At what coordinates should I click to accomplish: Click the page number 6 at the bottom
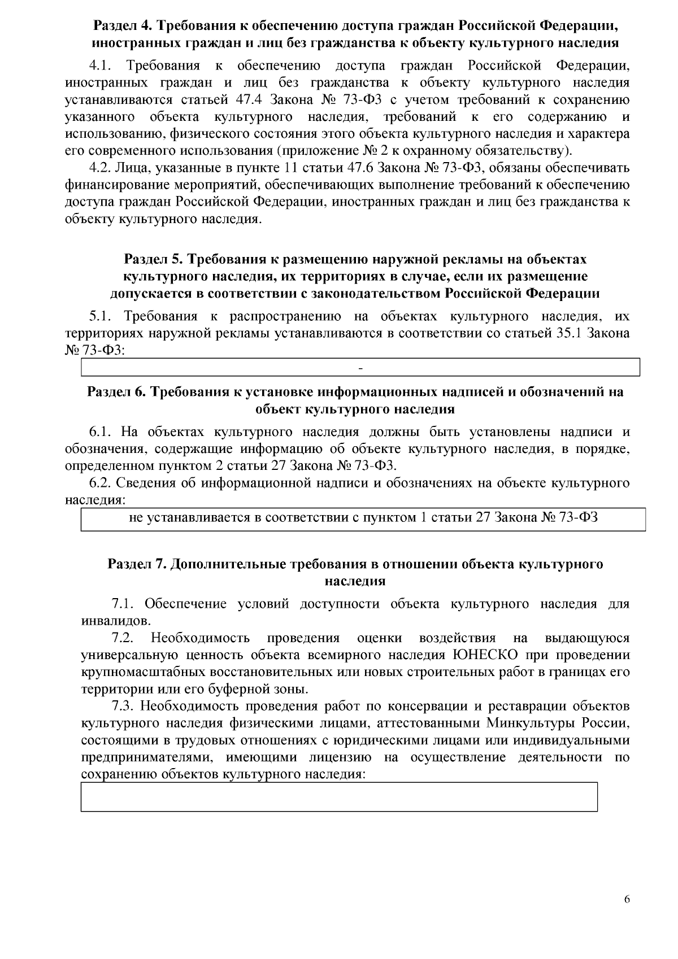627,900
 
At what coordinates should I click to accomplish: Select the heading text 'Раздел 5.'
153,259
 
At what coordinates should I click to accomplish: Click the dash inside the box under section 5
360,369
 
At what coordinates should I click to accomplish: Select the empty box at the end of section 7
339,796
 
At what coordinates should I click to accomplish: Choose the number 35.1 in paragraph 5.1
567,333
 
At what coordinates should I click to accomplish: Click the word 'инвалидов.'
116,621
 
